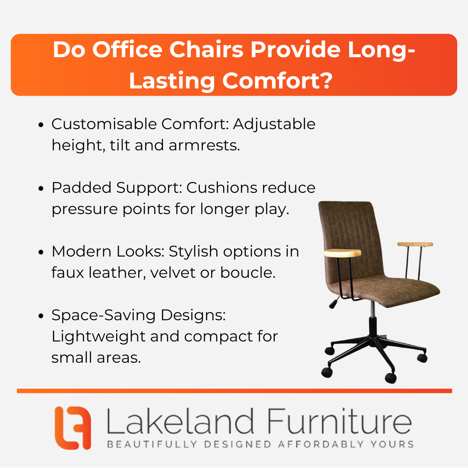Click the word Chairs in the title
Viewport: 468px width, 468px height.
206,49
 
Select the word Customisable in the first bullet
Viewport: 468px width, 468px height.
104,124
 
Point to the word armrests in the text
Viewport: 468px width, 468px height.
204,145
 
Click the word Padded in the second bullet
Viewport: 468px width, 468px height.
81,188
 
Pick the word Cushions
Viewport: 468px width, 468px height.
221,188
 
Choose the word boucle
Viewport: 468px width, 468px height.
248,273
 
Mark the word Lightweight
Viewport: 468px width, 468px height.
98,337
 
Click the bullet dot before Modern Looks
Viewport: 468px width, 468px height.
41,252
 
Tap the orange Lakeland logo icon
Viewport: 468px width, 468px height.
73,428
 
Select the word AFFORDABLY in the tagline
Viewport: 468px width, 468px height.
321,445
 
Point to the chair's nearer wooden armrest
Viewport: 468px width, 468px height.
343,253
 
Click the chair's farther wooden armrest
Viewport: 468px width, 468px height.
415,244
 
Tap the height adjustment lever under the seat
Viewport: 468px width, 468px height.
334,302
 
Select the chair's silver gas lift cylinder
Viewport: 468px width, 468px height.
373,309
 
